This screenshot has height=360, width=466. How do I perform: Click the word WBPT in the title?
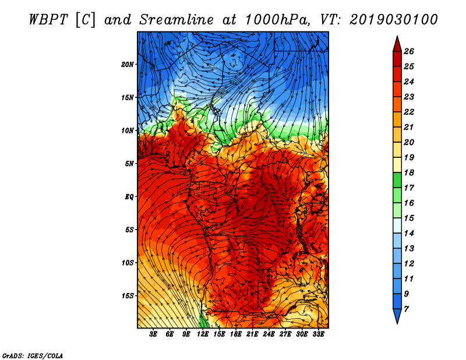click(x=48, y=20)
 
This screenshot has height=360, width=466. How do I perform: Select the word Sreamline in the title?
click(x=176, y=20)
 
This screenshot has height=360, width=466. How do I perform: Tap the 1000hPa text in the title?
click(x=278, y=20)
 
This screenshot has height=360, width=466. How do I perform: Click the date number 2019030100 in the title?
click(x=394, y=20)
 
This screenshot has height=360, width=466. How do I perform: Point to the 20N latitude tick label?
click(x=128, y=64)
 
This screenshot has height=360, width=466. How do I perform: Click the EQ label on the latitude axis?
click(x=129, y=197)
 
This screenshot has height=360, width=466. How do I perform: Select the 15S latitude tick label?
click(x=128, y=296)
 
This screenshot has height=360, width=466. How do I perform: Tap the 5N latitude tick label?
click(x=129, y=164)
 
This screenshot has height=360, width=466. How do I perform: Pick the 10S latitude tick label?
click(x=128, y=263)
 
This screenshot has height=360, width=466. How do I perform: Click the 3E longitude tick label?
click(x=153, y=334)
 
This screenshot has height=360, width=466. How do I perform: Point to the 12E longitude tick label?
click(x=203, y=334)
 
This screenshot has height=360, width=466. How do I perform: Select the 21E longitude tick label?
click(x=252, y=334)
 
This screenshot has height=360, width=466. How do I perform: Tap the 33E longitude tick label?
click(x=318, y=334)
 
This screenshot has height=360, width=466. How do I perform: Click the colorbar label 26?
click(x=409, y=51)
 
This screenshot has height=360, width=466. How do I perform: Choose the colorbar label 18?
click(x=409, y=172)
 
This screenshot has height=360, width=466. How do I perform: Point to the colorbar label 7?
click(x=406, y=309)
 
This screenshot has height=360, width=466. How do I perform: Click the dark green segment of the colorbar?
click(x=397, y=180)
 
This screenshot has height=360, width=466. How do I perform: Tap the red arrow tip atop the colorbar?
click(x=397, y=37)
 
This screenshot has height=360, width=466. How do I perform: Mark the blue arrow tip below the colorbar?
click(x=397, y=323)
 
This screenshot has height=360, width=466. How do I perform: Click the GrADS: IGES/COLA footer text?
click(x=33, y=356)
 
